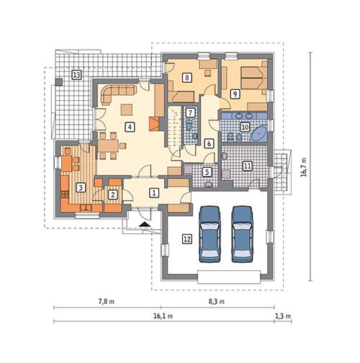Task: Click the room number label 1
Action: [x=153, y=192]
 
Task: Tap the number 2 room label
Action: [x=113, y=193]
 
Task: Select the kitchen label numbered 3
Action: [x=81, y=187]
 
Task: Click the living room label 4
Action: [x=130, y=127]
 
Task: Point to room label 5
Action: [x=207, y=171]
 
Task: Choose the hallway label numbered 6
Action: [x=209, y=143]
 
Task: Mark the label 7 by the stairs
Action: [x=190, y=112]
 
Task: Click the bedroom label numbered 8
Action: [x=187, y=79]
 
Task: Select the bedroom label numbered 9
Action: [x=235, y=94]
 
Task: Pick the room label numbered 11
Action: [x=247, y=166]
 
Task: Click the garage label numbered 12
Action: [x=186, y=239]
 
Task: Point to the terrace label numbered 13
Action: [x=76, y=75]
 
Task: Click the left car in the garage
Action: [x=210, y=232]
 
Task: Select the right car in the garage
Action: [x=242, y=232]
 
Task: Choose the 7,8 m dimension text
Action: [x=108, y=301]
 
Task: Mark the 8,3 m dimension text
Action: [x=216, y=301]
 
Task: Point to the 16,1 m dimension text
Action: [x=164, y=316]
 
